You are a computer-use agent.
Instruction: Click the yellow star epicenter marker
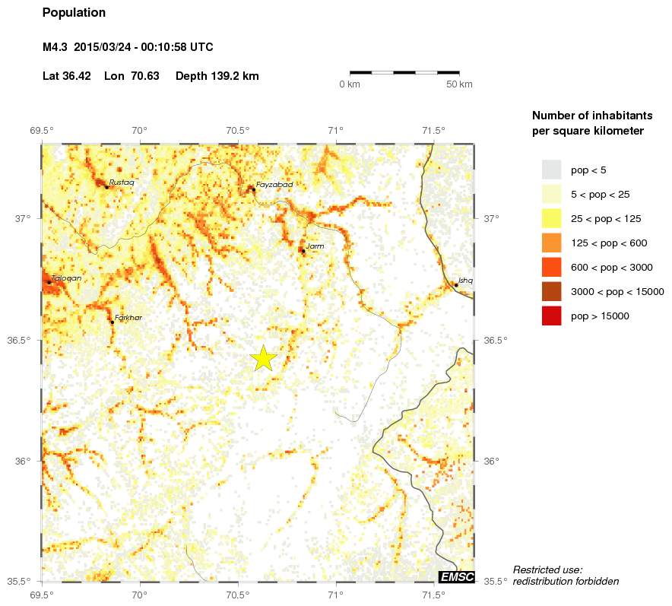point(263,357)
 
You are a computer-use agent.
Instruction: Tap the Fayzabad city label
point(274,185)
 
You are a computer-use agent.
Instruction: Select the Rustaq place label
point(122,182)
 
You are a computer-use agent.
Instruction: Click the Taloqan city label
point(67,278)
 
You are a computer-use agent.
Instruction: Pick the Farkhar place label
point(128,318)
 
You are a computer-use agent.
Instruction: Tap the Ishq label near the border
point(465,281)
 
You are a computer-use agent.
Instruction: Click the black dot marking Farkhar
point(113,322)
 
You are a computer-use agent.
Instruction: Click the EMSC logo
point(457,577)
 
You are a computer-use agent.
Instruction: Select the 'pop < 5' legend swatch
point(551,170)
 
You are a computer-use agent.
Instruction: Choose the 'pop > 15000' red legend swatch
point(551,316)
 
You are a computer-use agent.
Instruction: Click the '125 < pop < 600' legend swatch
point(551,243)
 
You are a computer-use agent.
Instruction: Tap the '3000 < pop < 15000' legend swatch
point(551,291)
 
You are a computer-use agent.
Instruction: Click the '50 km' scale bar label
point(459,84)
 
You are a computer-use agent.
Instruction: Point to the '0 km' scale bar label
point(349,84)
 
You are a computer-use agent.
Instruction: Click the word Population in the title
point(74,13)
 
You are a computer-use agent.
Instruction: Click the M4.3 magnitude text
point(55,47)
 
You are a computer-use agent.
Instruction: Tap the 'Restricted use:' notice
point(547,570)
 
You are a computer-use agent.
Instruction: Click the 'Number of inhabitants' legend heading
point(591,116)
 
